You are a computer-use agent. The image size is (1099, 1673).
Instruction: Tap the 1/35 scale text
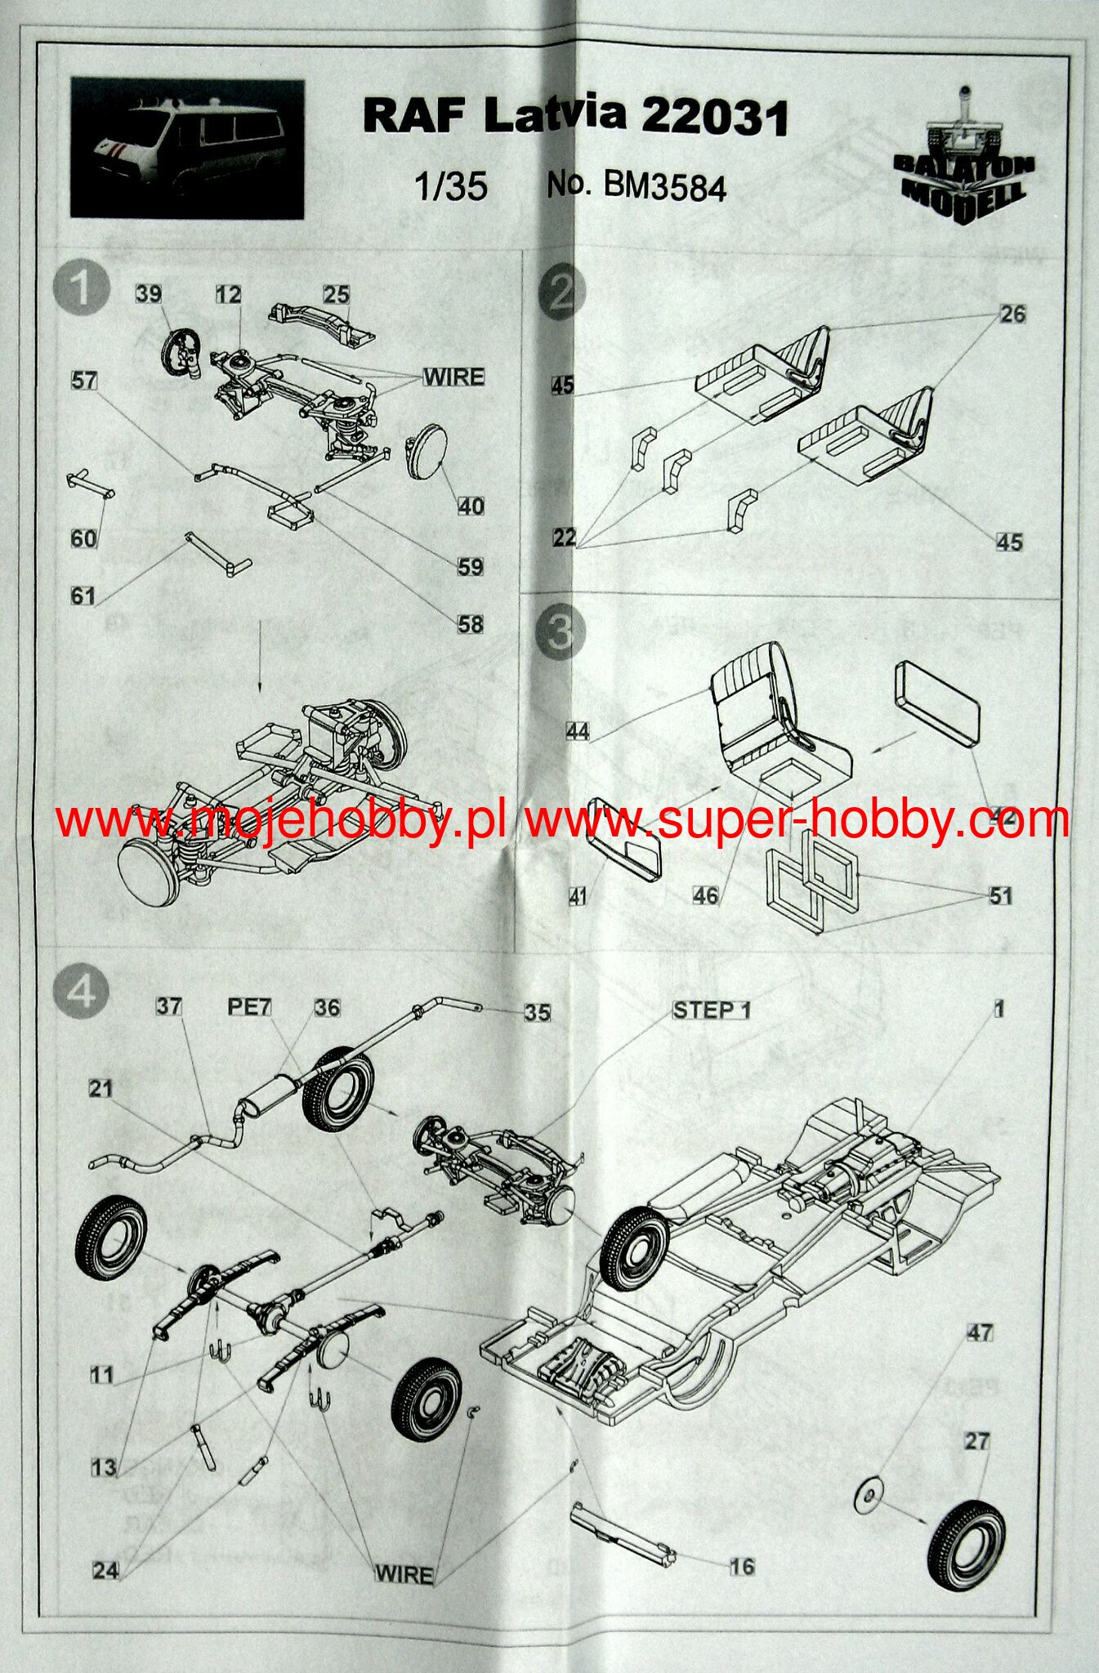pos(450,187)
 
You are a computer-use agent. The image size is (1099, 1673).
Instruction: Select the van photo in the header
pos(187,149)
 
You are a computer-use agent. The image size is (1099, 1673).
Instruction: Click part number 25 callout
pos(336,294)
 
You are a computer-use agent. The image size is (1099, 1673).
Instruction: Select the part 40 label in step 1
pos(470,506)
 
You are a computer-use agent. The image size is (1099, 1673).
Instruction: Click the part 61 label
pos(83,596)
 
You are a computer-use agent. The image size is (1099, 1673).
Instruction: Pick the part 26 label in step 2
pos(1012,315)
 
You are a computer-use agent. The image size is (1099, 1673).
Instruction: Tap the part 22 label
pos(564,538)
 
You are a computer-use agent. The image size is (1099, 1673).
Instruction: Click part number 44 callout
pos(578,730)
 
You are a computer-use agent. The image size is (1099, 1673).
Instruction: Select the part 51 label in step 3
pos(1000,895)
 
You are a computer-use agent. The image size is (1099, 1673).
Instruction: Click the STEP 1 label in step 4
pos(711,1010)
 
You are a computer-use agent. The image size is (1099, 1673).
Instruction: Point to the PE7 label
pos(249,1007)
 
